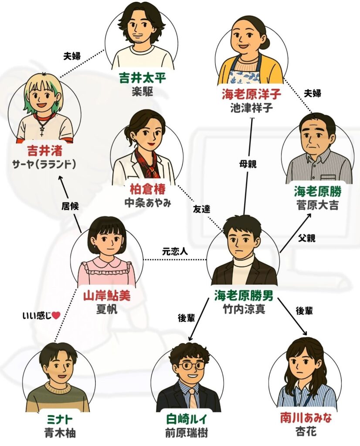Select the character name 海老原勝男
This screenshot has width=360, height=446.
point(244,295)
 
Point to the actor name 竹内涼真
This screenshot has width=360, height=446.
point(244,308)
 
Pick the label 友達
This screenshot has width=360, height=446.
point(201,209)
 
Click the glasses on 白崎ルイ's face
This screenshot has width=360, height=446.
point(189,366)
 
